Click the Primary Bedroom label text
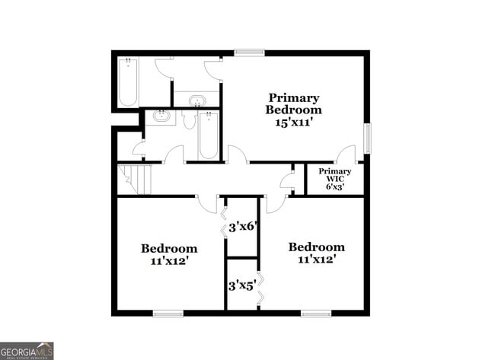(x=293, y=104)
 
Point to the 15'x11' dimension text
(x=293, y=122)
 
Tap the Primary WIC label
(x=335, y=176)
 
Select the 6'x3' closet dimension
(x=335, y=187)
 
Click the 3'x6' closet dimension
(x=241, y=226)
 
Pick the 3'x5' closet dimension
(x=241, y=286)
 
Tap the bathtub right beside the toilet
(x=209, y=135)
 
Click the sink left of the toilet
(x=161, y=117)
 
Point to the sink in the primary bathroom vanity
(x=196, y=100)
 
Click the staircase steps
(x=136, y=180)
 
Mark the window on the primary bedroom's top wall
(x=249, y=52)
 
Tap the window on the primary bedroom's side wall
(x=367, y=138)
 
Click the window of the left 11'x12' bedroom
(x=168, y=313)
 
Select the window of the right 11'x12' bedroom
(x=315, y=313)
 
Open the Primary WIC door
(x=346, y=153)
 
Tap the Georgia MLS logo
(x=27, y=350)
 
